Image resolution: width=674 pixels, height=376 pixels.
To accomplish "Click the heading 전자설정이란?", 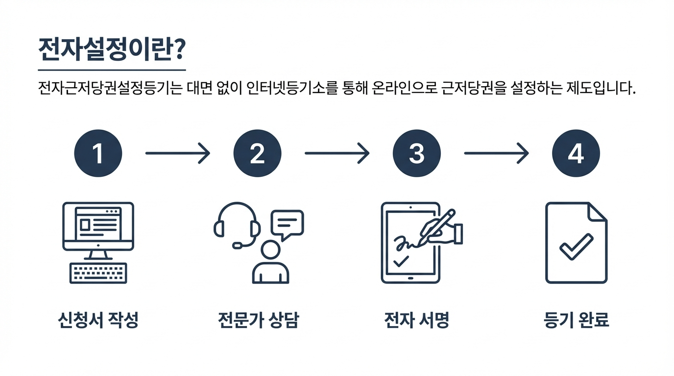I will (111, 49).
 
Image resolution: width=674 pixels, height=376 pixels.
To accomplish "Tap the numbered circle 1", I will (98, 153).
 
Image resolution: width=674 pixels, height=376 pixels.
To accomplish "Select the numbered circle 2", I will (257, 153).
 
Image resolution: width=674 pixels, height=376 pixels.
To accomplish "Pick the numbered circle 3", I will (416, 153).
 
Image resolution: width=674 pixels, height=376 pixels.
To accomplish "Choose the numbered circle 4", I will (576, 153).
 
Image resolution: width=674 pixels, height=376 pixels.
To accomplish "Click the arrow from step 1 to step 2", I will (177, 153).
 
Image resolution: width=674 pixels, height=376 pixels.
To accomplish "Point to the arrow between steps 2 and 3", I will (337, 153).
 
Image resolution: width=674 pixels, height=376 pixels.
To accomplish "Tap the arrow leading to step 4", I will (496, 153).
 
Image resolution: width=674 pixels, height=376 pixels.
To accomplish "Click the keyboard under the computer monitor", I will (98, 273).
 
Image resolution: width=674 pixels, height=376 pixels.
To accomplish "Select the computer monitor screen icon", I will (98, 226).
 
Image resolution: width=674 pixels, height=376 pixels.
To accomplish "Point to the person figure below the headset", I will (270, 264).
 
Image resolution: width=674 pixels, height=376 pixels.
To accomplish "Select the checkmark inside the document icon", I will (576, 246).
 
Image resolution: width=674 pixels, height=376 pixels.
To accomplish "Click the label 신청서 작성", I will (98, 321).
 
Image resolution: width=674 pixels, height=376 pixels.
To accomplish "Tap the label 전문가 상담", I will (258, 321).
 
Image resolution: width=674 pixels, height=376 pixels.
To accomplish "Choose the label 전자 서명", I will (416, 321).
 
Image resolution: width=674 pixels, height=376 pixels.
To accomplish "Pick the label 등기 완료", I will (576, 321).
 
